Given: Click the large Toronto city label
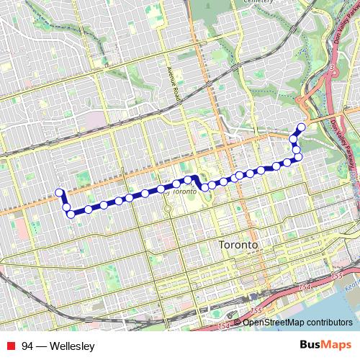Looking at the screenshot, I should click(x=238, y=245).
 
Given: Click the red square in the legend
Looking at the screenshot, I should click(x=9, y=346).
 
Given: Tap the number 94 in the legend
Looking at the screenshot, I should click(x=27, y=346).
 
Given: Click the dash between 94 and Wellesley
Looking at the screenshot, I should click(x=40, y=346).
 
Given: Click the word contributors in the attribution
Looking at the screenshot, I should click(x=331, y=323).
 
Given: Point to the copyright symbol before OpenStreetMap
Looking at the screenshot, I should click(x=238, y=323).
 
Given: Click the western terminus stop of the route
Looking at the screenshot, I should click(x=60, y=192).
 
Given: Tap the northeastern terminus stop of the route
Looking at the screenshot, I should click(x=301, y=127).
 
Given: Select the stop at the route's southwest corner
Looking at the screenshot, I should click(x=71, y=214).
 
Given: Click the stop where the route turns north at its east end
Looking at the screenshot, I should click(x=298, y=156).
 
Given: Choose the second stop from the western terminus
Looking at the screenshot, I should click(x=66, y=207).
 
